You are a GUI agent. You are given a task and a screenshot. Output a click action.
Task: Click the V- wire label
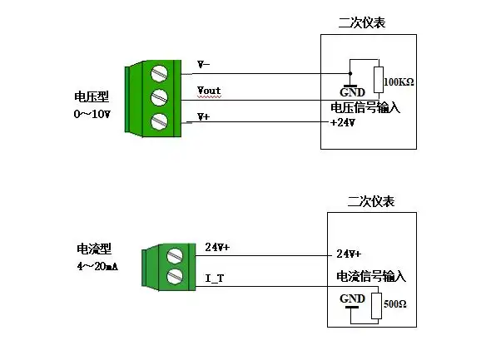204,64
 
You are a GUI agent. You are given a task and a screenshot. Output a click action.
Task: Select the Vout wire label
209,90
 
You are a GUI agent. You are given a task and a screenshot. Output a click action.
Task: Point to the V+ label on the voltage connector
204,117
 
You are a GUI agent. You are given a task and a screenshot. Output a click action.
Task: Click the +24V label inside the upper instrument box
343,122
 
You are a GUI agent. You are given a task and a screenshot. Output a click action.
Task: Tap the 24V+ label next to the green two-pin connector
217,247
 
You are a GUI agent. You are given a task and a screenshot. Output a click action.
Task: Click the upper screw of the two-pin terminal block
174,255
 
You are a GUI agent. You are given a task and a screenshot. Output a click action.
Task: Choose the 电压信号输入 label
365,107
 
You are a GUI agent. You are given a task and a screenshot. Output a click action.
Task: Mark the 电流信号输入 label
370,276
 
